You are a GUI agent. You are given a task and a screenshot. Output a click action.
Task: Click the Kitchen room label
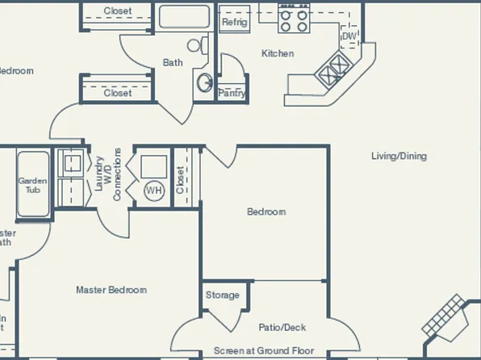tap(278, 54)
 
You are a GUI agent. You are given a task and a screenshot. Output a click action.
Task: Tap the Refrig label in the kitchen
tap(235, 22)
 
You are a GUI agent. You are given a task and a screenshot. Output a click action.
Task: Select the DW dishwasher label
tap(349, 36)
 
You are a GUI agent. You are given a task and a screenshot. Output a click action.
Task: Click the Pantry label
tap(232, 94)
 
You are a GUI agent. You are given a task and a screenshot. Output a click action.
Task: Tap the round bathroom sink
tap(205, 82)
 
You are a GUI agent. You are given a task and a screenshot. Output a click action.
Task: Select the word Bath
tap(173, 62)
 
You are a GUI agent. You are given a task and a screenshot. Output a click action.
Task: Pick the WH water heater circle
tap(153, 190)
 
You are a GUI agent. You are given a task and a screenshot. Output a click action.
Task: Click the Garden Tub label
tap(33, 186)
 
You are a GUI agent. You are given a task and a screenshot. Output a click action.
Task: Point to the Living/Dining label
tap(399, 156)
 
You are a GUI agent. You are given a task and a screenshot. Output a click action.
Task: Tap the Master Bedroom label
tap(111, 290)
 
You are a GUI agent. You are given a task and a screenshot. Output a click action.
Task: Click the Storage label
tap(222, 295)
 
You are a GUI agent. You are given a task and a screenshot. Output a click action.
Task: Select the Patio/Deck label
tap(282, 328)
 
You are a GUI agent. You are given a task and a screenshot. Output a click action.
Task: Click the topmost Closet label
tap(118, 11)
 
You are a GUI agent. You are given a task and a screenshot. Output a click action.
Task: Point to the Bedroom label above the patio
tap(266, 212)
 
